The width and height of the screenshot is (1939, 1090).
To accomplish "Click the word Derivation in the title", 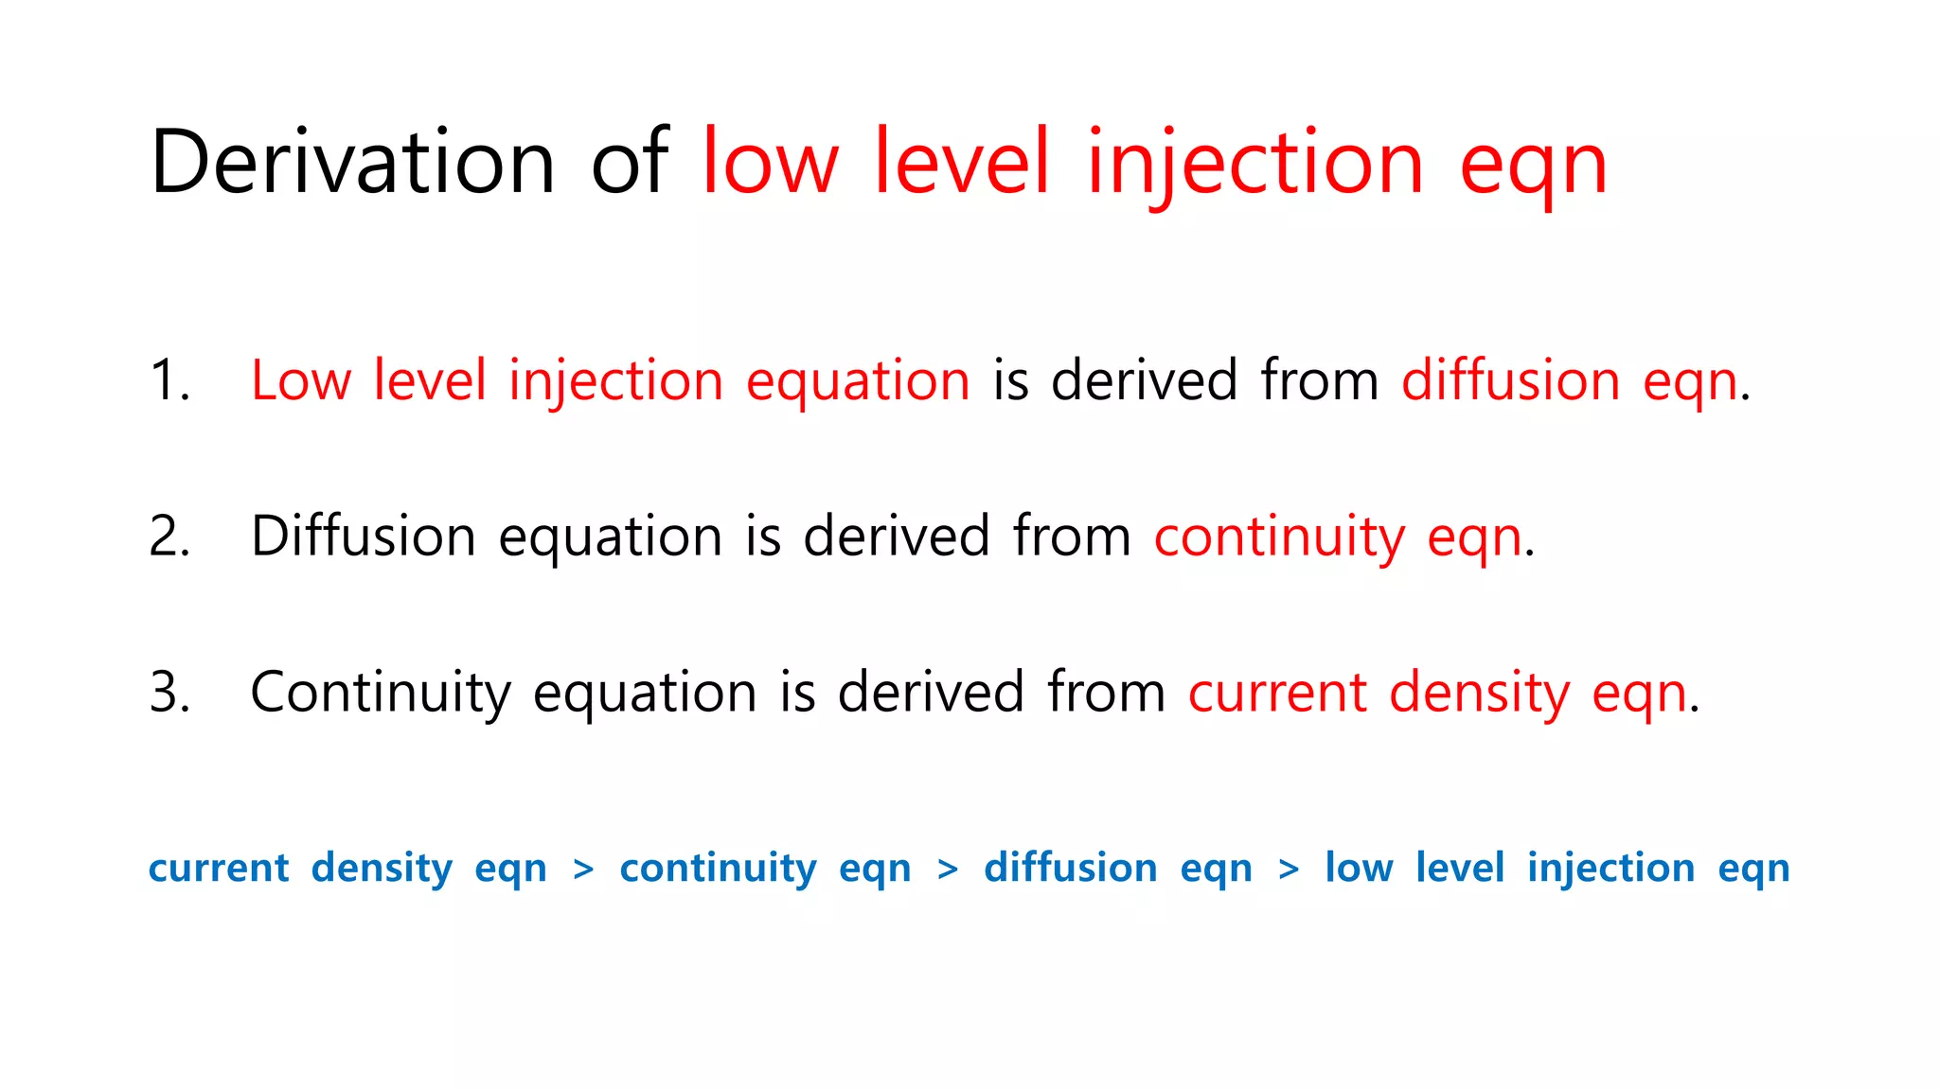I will point(352,163).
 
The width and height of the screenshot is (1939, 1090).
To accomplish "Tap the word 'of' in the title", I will point(630,163).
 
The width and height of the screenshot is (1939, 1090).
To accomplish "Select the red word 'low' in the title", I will point(770,163).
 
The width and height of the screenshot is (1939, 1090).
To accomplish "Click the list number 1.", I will point(169,380).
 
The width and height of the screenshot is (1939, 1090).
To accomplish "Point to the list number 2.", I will point(169,536).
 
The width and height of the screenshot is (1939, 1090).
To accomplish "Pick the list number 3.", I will point(169,692).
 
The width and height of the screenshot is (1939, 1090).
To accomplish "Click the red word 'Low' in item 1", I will point(301,380).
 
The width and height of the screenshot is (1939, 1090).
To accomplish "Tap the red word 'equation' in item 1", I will point(858,382).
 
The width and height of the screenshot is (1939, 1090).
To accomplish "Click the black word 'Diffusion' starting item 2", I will point(363,536).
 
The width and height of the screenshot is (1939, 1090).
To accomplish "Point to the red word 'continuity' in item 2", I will point(1279,538).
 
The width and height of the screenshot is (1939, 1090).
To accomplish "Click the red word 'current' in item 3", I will point(1277,694).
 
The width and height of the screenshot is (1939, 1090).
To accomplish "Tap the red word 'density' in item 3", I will point(1480,694).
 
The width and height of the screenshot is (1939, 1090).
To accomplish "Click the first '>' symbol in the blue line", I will point(583,869).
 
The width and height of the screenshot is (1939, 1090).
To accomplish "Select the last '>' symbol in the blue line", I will point(1288,869).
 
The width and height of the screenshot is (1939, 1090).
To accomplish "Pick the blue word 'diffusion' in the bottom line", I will point(1071,868).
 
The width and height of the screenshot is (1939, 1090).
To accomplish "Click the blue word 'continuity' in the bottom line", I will point(718,869).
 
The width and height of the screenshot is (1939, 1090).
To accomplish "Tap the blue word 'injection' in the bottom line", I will point(1610,869).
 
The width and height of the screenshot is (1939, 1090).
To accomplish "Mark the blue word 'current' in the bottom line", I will point(219,869).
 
